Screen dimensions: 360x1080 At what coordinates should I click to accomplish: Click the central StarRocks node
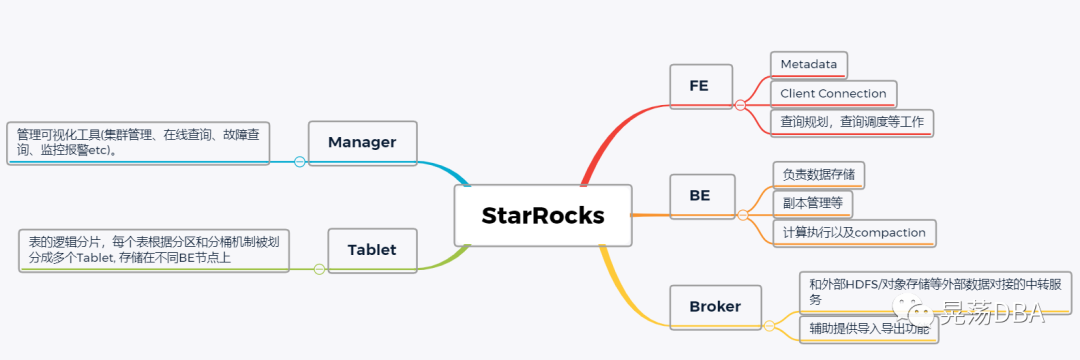pyautogui.click(x=543, y=215)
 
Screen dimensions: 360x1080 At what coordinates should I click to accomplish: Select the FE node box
pyautogui.click(x=699, y=85)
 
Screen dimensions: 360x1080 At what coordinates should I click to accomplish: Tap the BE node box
pyautogui.click(x=699, y=195)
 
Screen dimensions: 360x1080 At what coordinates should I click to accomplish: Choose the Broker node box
pyautogui.click(x=715, y=306)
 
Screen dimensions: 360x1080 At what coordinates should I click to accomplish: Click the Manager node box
pyautogui.click(x=362, y=142)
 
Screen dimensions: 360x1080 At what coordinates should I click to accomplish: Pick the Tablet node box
pyautogui.click(x=371, y=250)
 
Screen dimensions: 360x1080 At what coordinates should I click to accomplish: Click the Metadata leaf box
pyautogui.click(x=809, y=64)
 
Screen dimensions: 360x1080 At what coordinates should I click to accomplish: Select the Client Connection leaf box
pyautogui.click(x=833, y=94)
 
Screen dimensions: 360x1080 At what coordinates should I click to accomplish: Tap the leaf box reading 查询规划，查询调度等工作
pyautogui.click(x=852, y=123)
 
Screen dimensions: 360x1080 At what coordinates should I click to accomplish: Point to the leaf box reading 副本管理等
pyautogui.click(x=813, y=204)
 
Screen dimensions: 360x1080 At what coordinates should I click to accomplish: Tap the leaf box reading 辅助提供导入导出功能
pyautogui.click(x=868, y=329)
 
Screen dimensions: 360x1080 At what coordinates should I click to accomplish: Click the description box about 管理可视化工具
pyautogui.click(x=138, y=143)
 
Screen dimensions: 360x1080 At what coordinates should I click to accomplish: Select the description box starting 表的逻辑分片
pyautogui.click(x=153, y=250)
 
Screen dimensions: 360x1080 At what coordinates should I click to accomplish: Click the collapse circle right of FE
pyautogui.click(x=740, y=104)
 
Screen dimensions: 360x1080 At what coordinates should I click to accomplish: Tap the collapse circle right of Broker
pyautogui.click(x=769, y=325)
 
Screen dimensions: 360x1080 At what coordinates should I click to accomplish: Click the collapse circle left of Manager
pyautogui.click(x=299, y=161)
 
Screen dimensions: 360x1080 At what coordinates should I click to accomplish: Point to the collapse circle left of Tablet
pyautogui.click(x=319, y=269)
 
